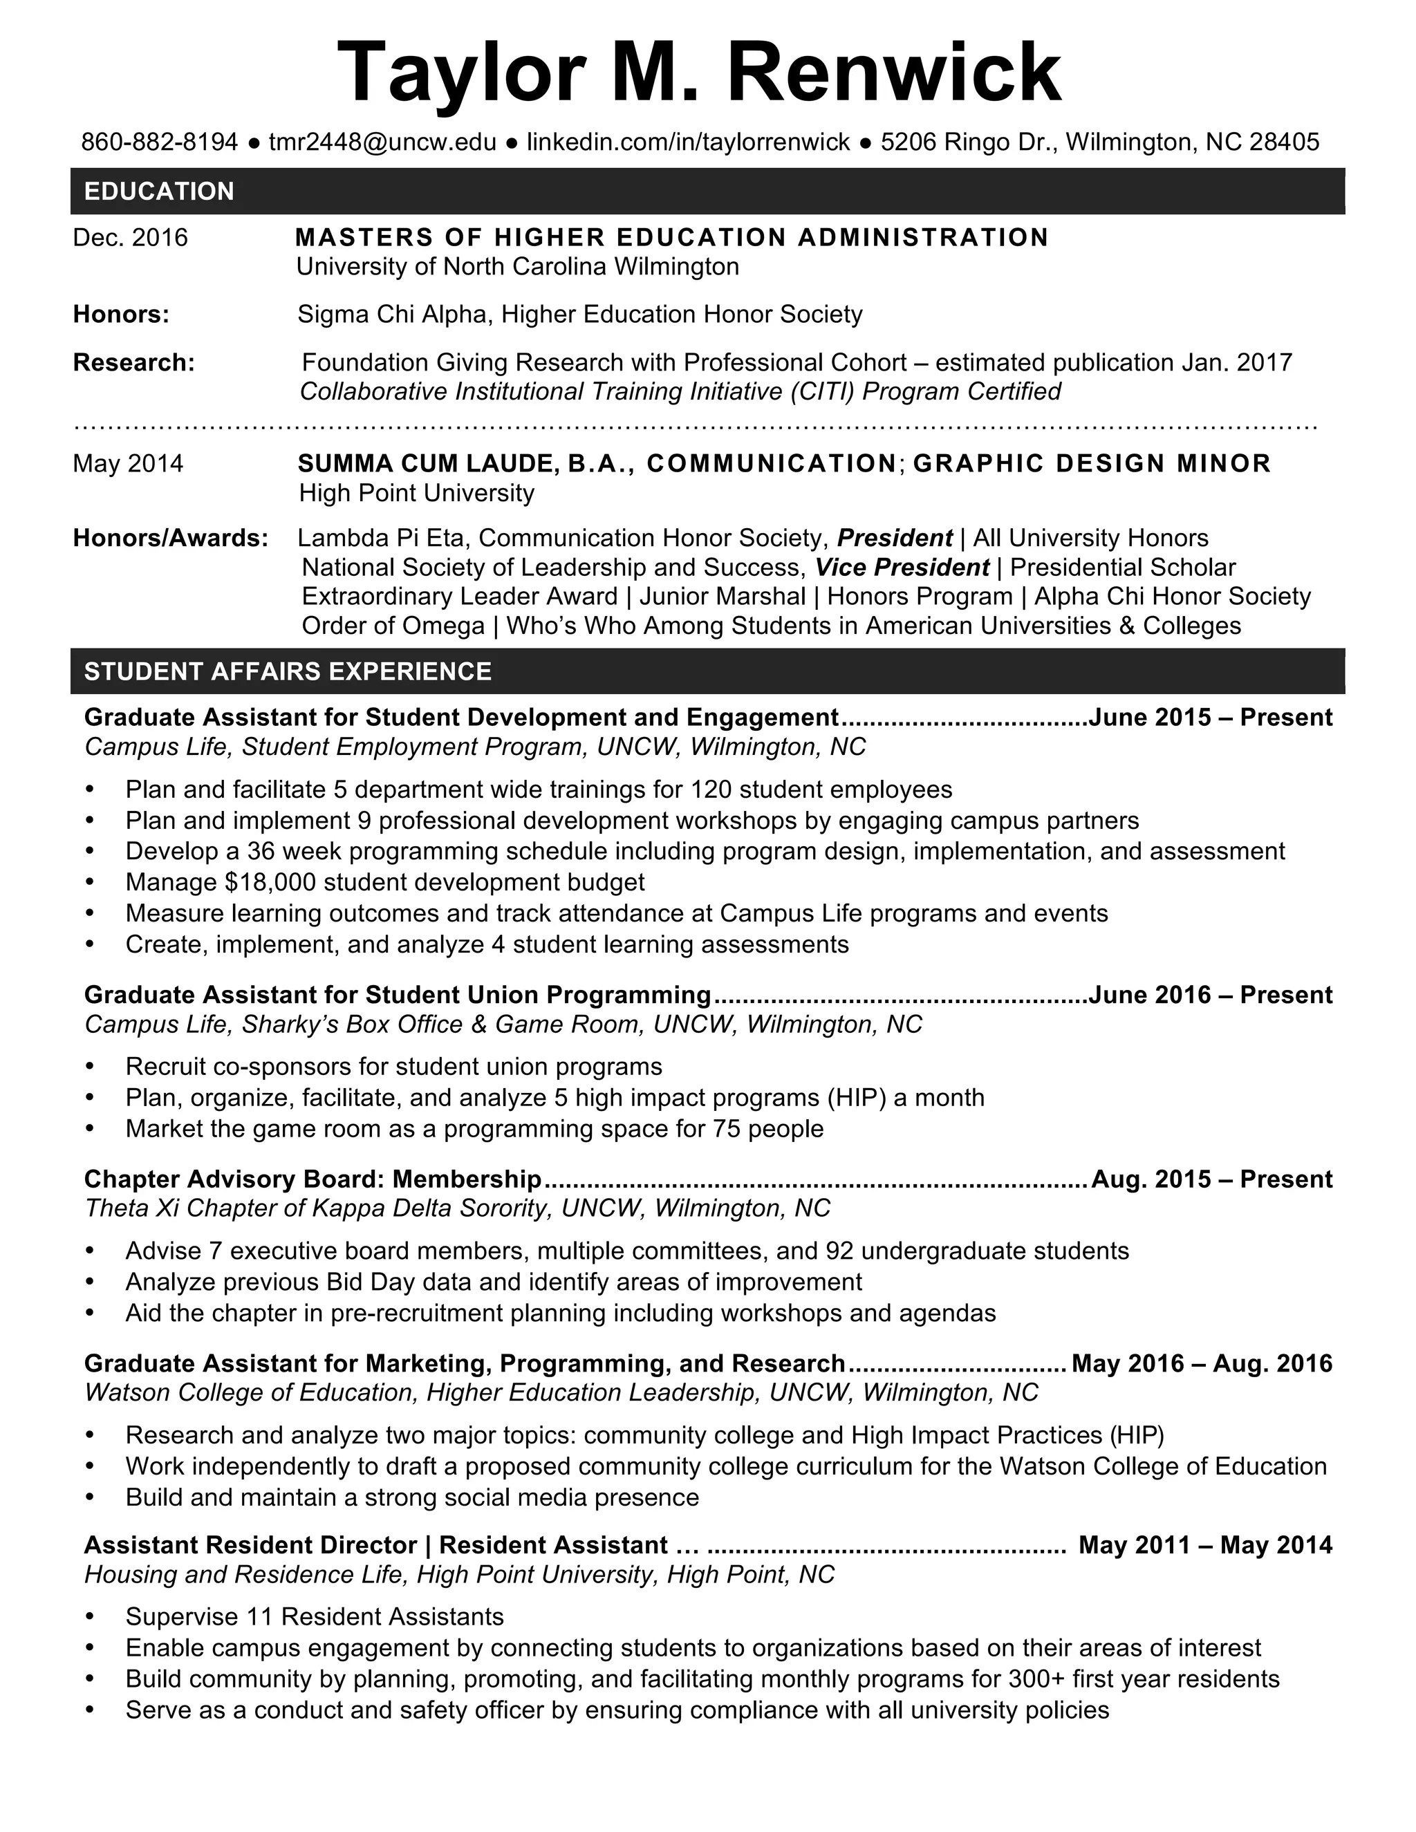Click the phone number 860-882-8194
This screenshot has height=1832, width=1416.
[x=160, y=142]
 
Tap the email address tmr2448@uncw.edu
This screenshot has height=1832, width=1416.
[x=382, y=142]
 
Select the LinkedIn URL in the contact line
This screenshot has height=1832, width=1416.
[x=688, y=142]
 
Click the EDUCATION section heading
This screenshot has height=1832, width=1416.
[x=160, y=191]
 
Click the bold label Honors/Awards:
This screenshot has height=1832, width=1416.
[x=170, y=538]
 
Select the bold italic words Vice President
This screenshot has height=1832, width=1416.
[x=902, y=567]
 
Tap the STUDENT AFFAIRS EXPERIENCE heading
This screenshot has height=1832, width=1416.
[x=288, y=671]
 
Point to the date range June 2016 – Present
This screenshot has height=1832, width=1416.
[x=1211, y=995]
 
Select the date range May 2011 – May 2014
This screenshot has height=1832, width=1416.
[x=1205, y=1544]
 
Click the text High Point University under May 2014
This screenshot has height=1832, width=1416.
[x=416, y=492]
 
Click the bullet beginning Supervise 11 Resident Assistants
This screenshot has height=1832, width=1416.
[x=315, y=1616]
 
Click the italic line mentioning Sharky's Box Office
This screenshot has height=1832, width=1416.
[x=503, y=1025]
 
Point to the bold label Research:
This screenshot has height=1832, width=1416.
[x=133, y=362]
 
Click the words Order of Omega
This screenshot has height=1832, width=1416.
[x=393, y=626]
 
